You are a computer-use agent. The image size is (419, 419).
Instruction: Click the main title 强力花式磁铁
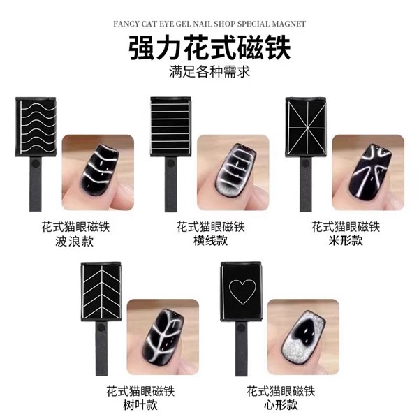[x=209, y=49]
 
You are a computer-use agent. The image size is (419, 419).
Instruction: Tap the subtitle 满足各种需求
[x=209, y=71]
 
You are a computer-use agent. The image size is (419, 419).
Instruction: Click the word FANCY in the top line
[x=128, y=23]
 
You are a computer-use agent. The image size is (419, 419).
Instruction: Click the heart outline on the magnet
[x=240, y=288]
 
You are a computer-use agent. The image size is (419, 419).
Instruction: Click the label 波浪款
[x=76, y=242]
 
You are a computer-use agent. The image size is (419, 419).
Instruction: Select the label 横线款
[x=210, y=242]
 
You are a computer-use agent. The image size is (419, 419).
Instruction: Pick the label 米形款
[x=345, y=242]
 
